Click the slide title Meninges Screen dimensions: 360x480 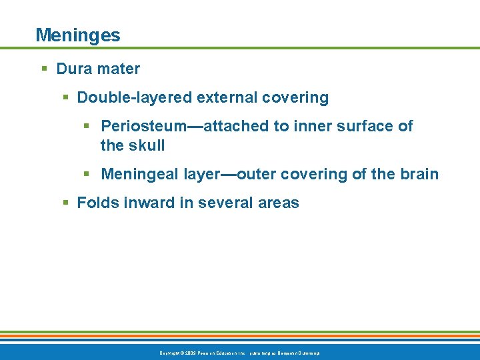tap(78, 35)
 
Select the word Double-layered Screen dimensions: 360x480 tap(135, 98)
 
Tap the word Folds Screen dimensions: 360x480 tap(97, 203)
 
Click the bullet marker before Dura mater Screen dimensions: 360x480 tap(43, 69)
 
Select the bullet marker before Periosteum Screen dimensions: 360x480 tap(87, 127)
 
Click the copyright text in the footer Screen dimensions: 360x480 tap(239, 352)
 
